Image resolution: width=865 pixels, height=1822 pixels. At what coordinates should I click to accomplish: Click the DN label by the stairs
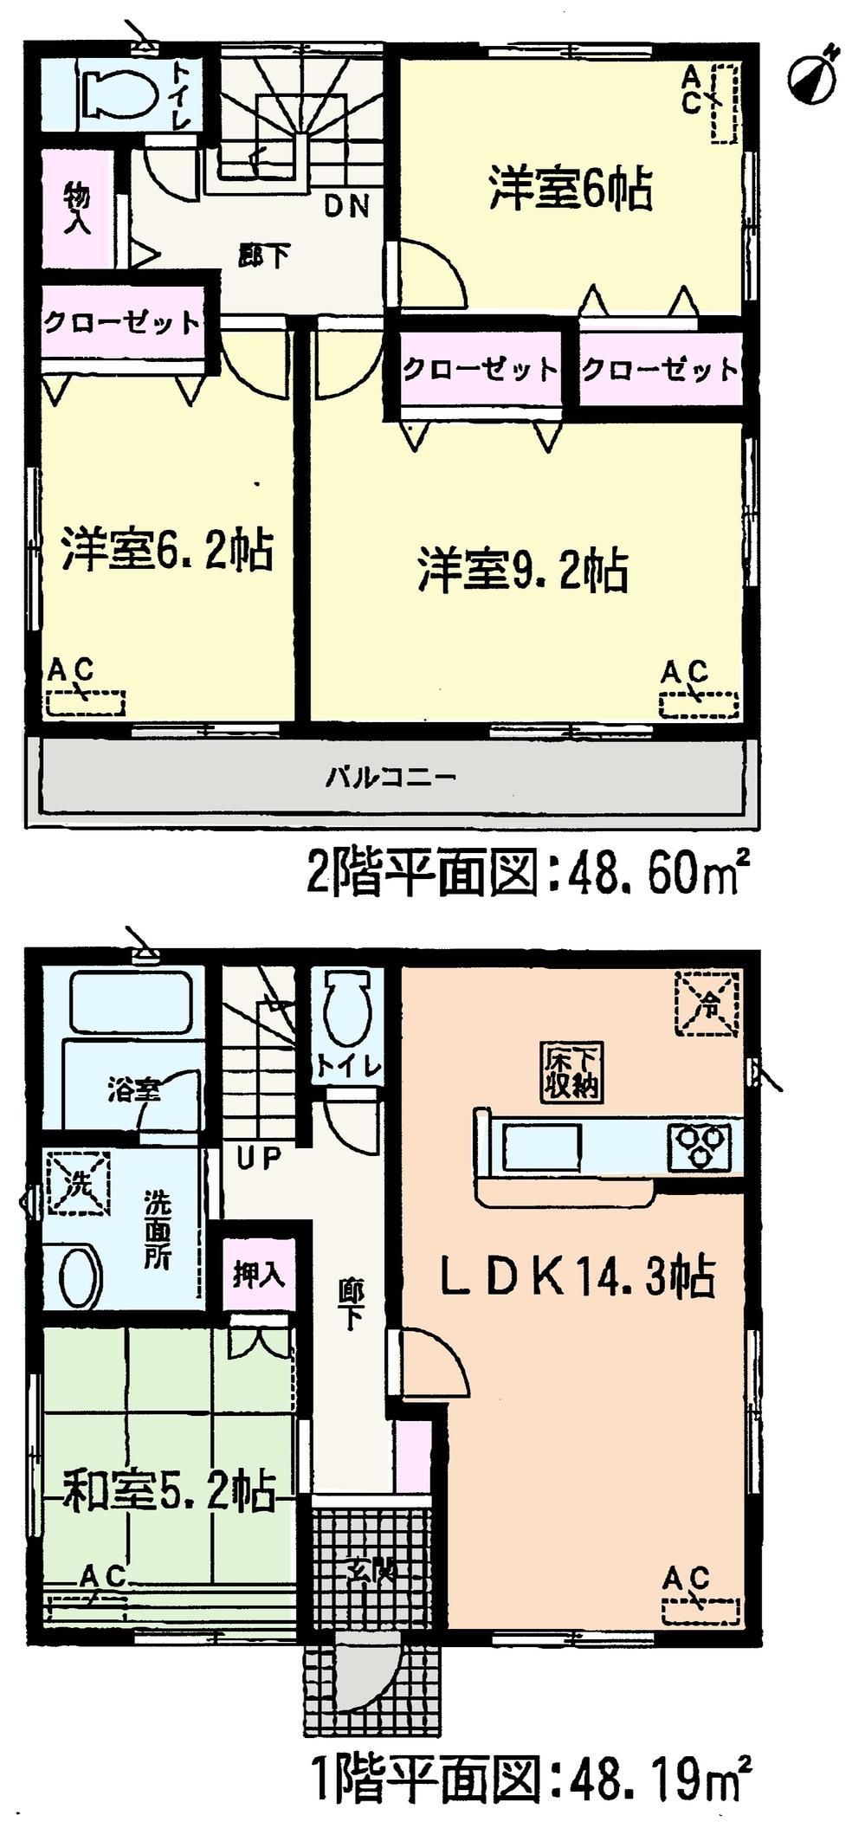tap(347, 206)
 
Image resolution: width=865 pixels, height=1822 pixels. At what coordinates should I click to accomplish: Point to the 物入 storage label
tap(77, 209)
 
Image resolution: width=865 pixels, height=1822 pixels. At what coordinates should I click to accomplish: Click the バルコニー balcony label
tap(391, 776)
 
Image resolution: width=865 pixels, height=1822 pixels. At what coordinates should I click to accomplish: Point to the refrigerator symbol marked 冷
tap(708, 1003)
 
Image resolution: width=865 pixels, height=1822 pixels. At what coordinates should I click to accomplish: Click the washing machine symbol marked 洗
tap(76, 1180)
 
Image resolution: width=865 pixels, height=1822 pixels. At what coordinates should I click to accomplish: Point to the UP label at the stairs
tap(258, 1158)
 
